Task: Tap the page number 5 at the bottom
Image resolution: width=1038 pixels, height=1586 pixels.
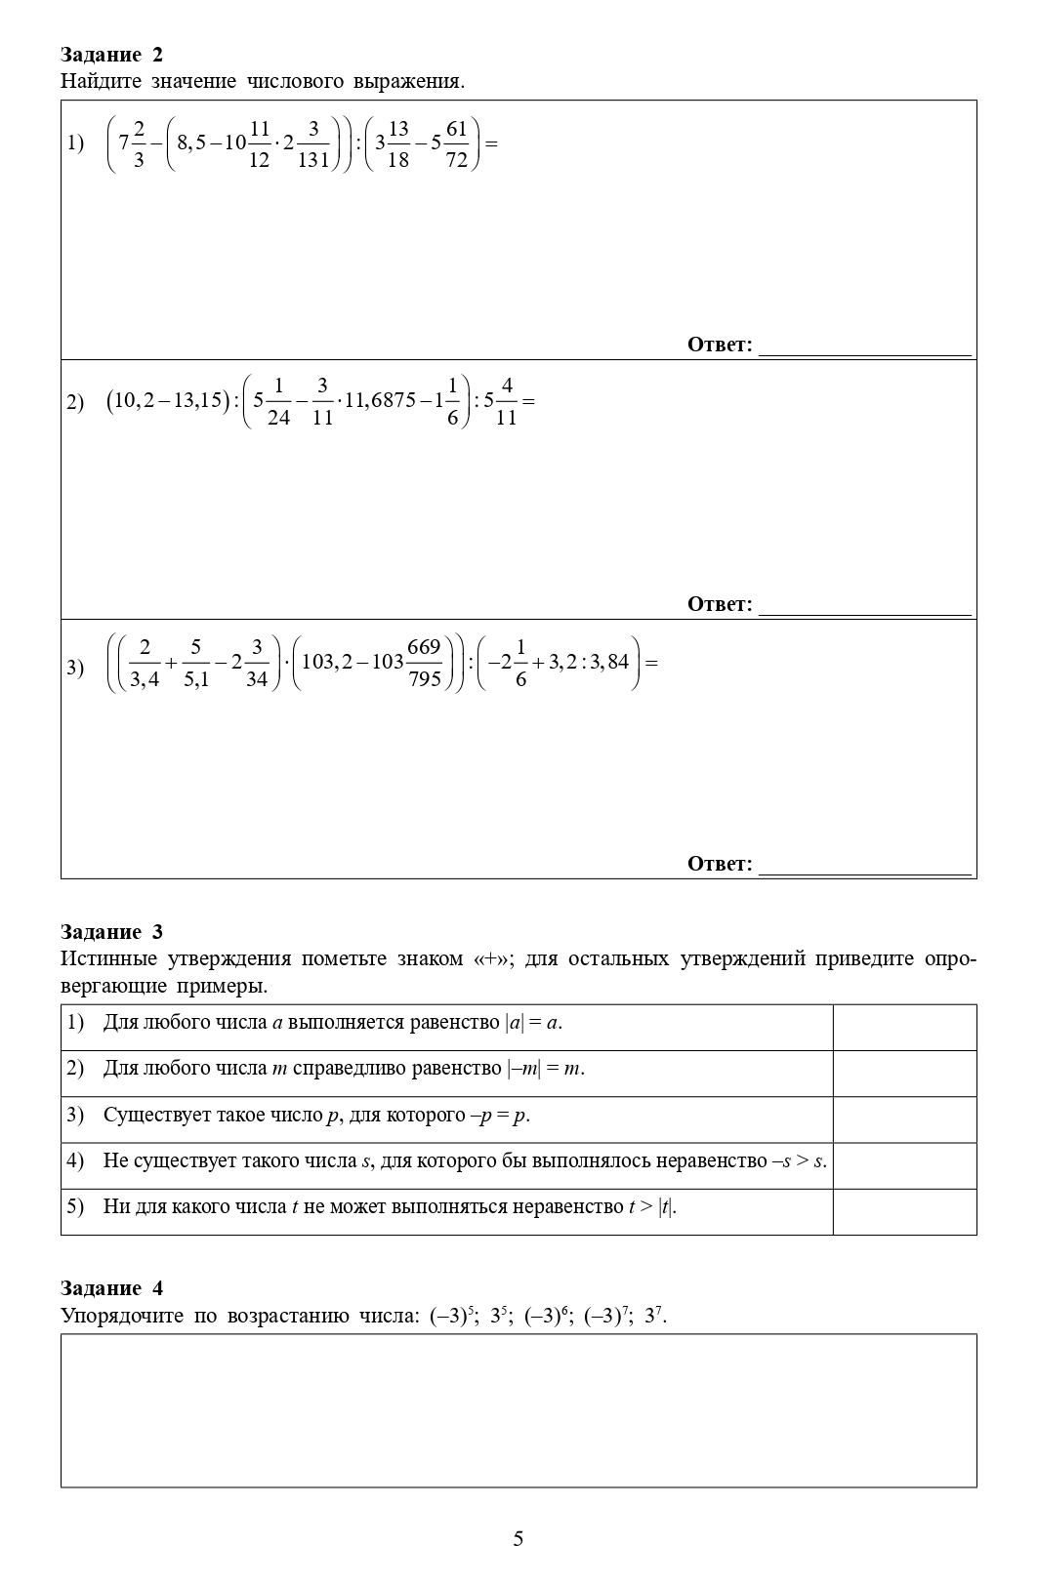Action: point(518,1539)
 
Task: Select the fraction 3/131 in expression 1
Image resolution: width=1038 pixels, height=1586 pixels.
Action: point(312,143)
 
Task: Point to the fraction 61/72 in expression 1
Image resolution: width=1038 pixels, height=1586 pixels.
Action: point(456,143)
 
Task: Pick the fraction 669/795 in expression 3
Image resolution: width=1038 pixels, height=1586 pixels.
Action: point(425,663)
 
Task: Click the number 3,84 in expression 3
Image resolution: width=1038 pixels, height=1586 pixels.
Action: point(609,662)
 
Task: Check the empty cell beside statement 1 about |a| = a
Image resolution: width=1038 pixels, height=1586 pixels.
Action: point(904,1027)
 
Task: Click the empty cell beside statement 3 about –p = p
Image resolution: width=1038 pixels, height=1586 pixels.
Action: point(904,1118)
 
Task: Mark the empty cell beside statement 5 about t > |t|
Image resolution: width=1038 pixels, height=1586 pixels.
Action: point(904,1211)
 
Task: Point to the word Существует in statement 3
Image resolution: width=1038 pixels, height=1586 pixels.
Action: point(149,1115)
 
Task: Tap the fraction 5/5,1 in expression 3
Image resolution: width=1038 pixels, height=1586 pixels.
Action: point(195,663)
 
